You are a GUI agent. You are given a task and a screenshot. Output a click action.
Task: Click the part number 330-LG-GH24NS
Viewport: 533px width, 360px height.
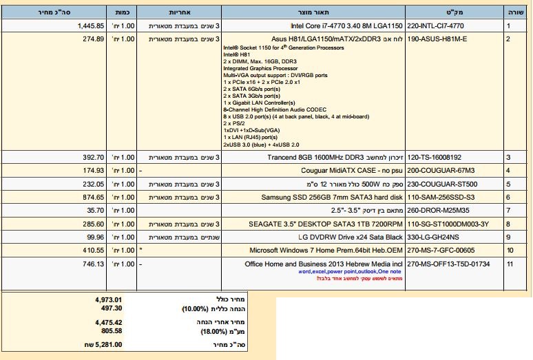pos(434,237)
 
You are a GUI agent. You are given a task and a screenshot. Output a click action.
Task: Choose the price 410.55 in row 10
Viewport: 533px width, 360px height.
pos(94,250)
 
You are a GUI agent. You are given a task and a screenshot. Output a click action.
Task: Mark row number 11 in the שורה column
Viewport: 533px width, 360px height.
pos(510,264)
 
